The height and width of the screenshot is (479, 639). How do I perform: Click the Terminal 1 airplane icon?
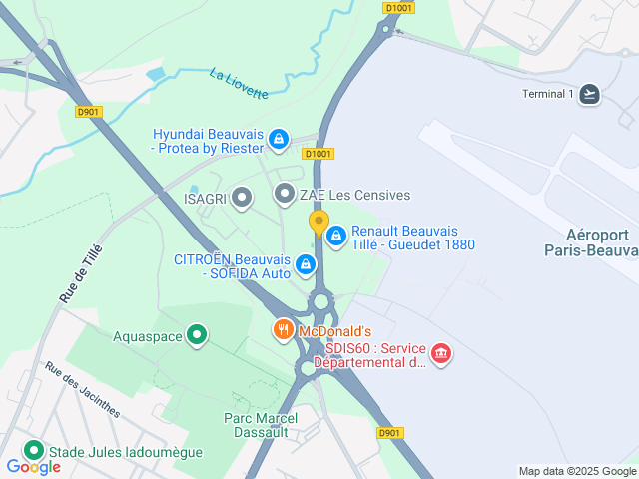[x=590, y=94]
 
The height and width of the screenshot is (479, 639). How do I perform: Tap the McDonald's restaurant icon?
[x=284, y=330]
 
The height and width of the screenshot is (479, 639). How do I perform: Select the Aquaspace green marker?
[x=197, y=335]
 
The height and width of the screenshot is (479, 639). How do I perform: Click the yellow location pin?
[x=319, y=222]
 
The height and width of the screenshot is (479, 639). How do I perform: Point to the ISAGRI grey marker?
[x=241, y=198]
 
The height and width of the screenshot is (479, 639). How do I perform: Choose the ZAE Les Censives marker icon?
[x=285, y=194]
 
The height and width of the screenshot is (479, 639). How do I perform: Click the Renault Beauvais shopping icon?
[x=336, y=236]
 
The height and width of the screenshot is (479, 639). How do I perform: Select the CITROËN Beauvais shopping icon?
[x=306, y=265]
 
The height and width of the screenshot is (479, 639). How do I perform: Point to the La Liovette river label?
[x=239, y=83]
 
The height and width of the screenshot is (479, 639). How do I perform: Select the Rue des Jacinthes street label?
[x=82, y=389]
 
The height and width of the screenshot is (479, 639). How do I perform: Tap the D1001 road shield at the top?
[x=395, y=7]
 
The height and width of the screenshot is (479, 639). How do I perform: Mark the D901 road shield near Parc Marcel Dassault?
[x=389, y=432]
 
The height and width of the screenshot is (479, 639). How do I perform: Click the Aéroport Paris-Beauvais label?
[x=591, y=243]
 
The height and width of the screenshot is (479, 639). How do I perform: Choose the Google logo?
[x=33, y=466]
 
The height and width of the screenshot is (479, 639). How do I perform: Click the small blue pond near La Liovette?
[x=157, y=74]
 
